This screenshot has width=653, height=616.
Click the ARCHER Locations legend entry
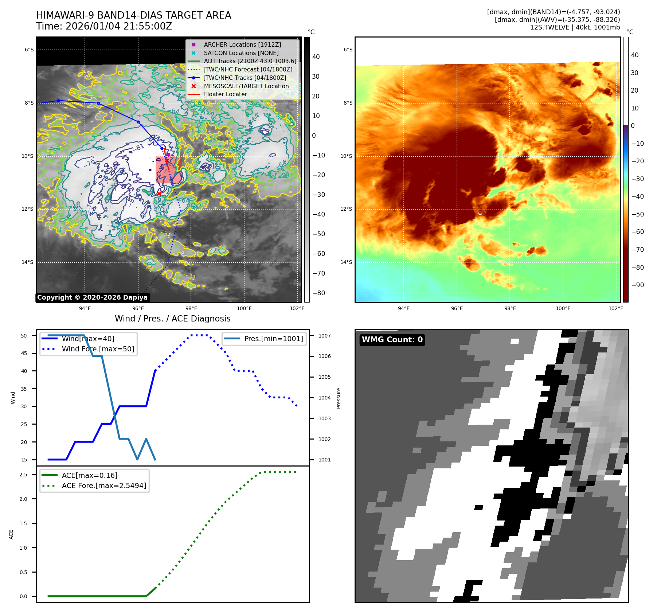(x=242, y=44)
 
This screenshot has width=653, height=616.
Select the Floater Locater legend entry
(x=225, y=94)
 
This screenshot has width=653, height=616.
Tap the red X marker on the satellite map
(x=159, y=194)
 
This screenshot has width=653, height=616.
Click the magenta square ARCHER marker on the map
(x=168, y=155)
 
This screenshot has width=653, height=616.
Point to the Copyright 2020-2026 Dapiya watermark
(x=92, y=297)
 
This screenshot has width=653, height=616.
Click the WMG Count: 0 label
(x=392, y=340)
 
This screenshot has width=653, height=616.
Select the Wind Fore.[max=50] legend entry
(x=98, y=349)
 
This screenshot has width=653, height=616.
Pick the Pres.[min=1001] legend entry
(x=273, y=339)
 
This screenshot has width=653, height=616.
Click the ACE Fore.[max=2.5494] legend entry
(x=104, y=486)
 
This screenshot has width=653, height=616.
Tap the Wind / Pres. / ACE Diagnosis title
(x=172, y=319)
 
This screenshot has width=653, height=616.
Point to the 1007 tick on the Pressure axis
(x=324, y=336)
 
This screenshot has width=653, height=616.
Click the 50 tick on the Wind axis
(x=24, y=336)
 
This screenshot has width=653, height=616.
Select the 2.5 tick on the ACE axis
(x=23, y=475)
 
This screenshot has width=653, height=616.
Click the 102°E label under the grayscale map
(x=297, y=308)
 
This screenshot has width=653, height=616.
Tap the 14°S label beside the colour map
(x=346, y=262)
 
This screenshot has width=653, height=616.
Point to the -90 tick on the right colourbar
(x=637, y=285)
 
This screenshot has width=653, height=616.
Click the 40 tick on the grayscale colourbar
(x=316, y=57)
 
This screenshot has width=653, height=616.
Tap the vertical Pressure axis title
(x=339, y=398)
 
